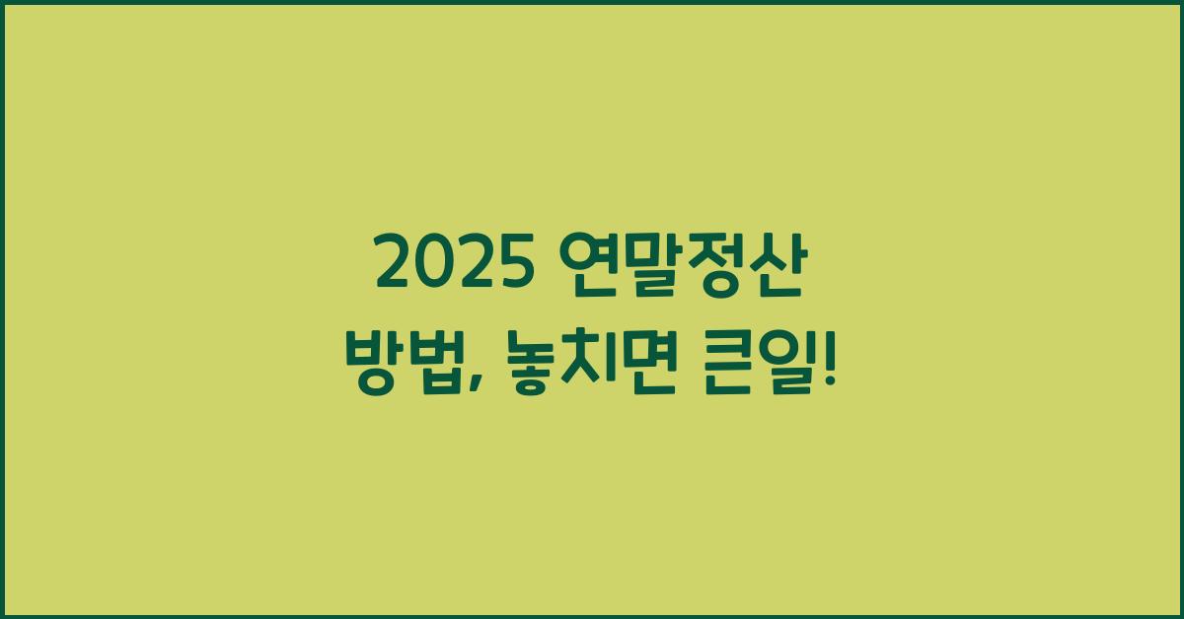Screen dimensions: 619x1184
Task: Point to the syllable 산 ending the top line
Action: (x=772, y=264)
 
